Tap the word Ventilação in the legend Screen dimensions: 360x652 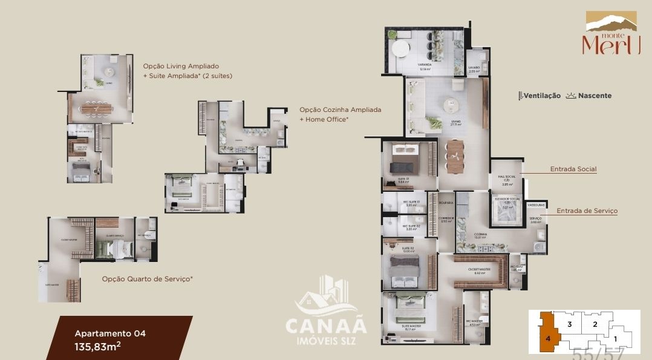click(541, 96)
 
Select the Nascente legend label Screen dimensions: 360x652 click(594, 96)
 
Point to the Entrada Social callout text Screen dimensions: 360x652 click(573, 169)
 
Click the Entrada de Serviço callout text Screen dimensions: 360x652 click(587, 211)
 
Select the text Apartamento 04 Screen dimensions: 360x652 click(109, 333)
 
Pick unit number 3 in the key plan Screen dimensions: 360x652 click(569, 324)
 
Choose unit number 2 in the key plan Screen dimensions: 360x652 click(595, 324)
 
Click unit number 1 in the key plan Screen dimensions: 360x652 click(616, 339)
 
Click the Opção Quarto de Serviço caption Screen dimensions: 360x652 click(147, 279)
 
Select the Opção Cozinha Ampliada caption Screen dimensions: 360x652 click(340, 110)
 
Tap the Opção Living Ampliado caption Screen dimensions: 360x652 click(181, 66)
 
